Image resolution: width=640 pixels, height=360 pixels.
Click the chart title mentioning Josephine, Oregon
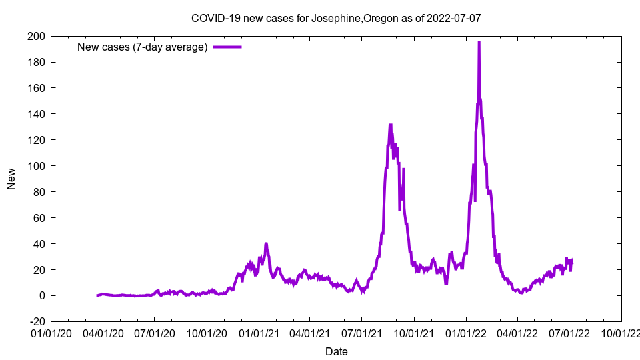pyautogui.click(x=336, y=19)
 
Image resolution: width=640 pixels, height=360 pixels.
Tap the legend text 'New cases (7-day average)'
pyautogui.click(x=143, y=47)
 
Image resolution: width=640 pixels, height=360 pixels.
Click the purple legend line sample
pyautogui.click(x=227, y=47)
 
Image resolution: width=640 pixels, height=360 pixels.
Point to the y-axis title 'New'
pyautogui.click(x=11, y=179)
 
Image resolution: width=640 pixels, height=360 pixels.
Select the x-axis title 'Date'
pyautogui.click(x=336, y=351)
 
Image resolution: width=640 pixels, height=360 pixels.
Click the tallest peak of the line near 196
pyautogui.click(x=479, y=42)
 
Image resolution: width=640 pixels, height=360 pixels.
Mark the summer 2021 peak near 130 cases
pyautogui.click(x=390, y=125)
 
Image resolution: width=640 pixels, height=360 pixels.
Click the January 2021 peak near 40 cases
pyautogui.click(x=266, y=244)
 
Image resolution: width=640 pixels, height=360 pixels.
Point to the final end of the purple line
pyautogui.click(x=571, y=261)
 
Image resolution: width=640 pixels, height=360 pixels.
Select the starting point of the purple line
pyautogui.click(x=97, y=295)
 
